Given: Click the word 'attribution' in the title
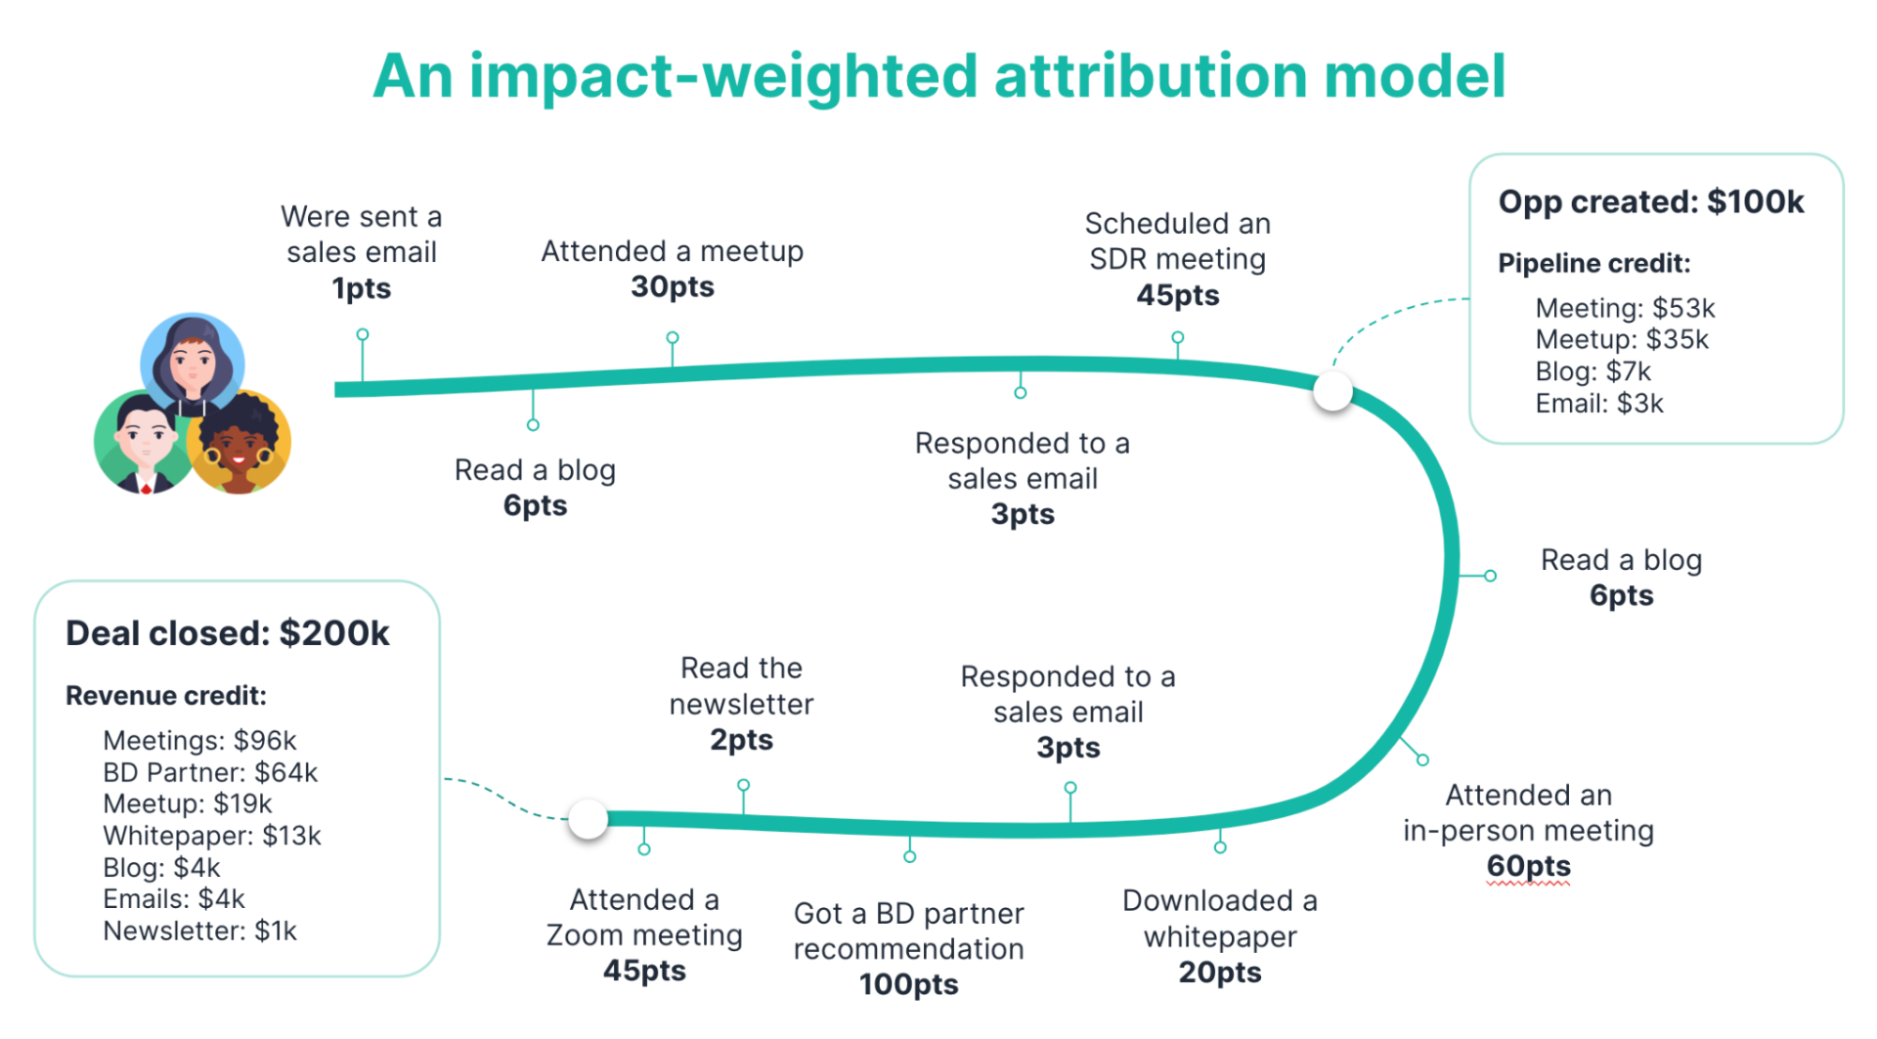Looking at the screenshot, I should pos(1151,76).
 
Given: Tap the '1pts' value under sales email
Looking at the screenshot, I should pos(361,288).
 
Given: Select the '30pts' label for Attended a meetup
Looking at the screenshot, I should pos(673,286).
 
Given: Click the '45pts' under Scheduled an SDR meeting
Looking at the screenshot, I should pos(1177,295).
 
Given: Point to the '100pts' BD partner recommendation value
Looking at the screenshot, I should pos(908,984).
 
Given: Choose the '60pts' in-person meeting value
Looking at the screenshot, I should pos(1528,866).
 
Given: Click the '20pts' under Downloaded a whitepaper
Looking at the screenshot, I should pos(1219,973).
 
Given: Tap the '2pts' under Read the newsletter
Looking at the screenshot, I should pos(741,740).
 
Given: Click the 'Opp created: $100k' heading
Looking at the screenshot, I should pos(1650,201).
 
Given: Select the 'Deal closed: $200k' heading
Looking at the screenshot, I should pos(228,633).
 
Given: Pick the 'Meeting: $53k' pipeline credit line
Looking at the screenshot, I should pos(1625,308).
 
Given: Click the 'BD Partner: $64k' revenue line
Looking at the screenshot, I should pos(210,772).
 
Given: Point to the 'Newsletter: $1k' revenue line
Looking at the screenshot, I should pos(199,931).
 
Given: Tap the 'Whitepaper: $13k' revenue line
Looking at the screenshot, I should pos(212,836).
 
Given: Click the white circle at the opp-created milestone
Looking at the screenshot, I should pos(1332,391).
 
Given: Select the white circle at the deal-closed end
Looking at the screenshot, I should pos(589,819).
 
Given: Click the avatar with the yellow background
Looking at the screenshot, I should pos(240,444).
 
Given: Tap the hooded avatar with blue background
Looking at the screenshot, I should pos(193,362).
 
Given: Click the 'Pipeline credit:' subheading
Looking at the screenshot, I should pos(1593,263).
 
